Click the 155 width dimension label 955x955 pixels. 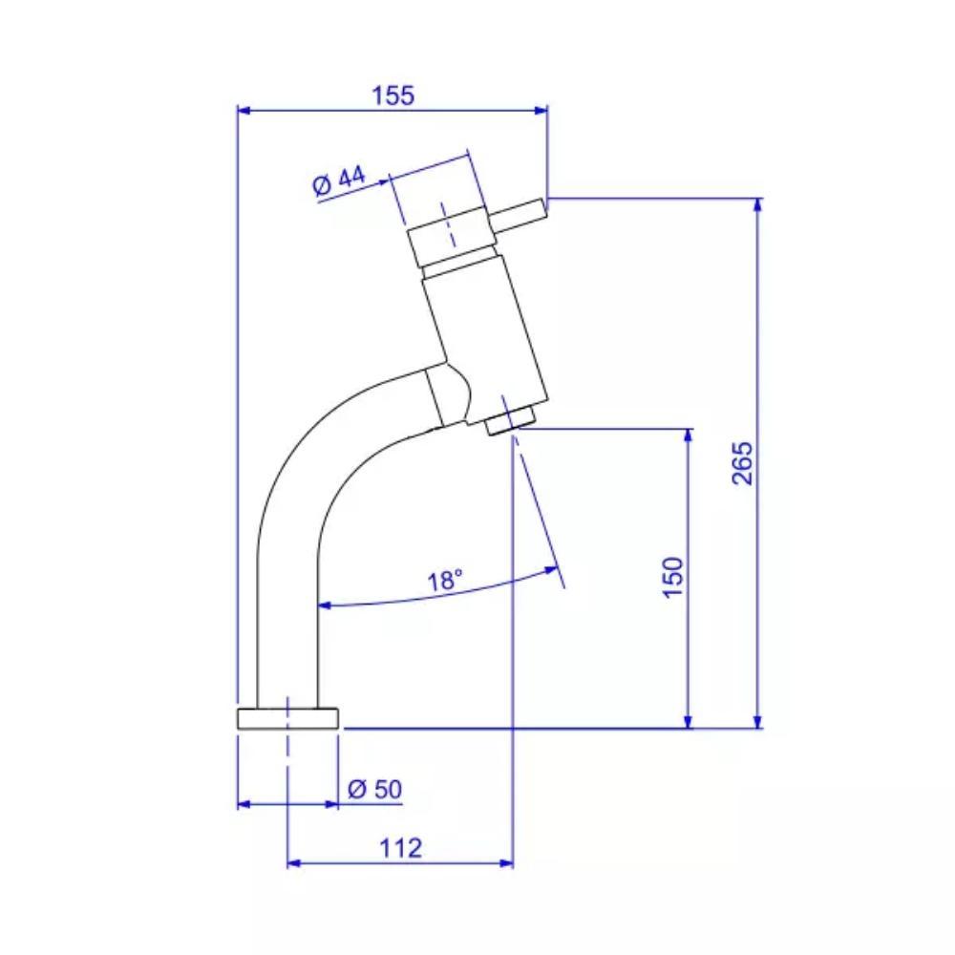click(393, 95)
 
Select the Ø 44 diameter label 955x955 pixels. click(338, 180)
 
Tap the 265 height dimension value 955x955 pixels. click(743, 462)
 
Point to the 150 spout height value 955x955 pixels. click(672, 577)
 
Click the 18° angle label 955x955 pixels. click(445, 580)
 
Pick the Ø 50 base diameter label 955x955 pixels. click(375, 790)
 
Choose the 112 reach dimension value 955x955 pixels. click(399, 847)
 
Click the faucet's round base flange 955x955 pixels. click(286, 718)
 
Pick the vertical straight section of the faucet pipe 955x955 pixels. click(287, 630)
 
